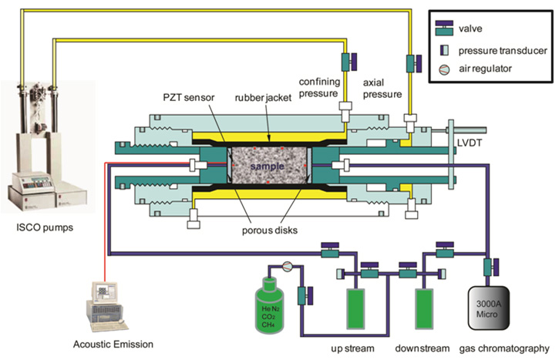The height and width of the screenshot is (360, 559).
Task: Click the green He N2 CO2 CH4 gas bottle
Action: (276, 304)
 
